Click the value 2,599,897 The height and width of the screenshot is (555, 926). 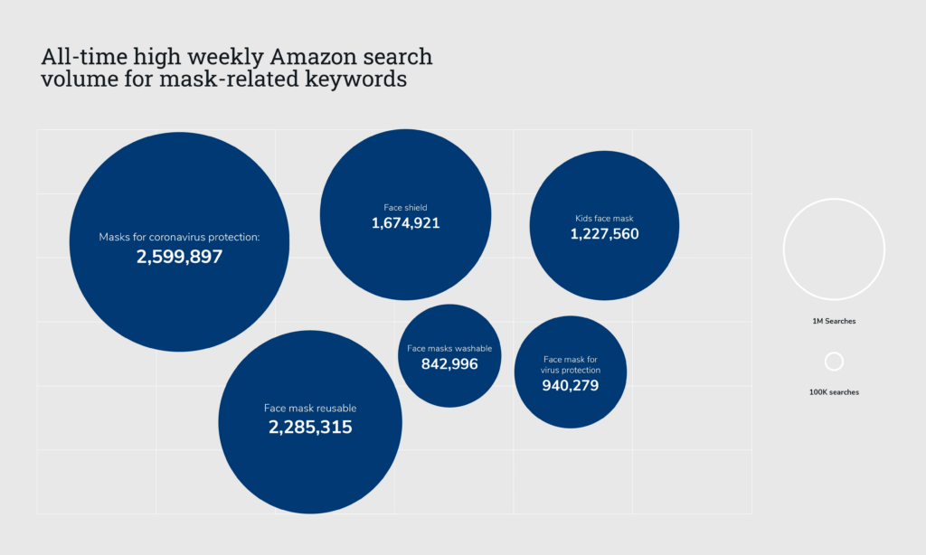(179, 257)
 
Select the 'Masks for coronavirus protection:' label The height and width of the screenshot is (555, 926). (179, 238)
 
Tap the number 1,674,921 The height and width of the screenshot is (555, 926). (405, 222)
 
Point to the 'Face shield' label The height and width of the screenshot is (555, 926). (405, 207)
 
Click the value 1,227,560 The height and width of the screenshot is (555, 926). (605, 233)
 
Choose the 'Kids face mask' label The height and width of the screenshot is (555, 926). (605, 218)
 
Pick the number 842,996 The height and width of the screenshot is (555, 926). (449, 363)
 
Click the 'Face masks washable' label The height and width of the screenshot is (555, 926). (449, 348)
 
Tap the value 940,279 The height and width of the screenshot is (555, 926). (571, 386)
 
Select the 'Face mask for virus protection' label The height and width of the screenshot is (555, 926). (571, 364)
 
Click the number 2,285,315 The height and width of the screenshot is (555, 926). (310, 427)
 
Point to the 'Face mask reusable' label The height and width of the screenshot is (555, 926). (310, 409)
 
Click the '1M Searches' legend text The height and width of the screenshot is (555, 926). (834, 321)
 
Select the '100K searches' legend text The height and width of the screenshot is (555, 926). (834, 392)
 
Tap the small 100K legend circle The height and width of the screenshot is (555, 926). (834, 362)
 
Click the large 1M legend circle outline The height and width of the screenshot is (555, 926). (784, 249)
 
